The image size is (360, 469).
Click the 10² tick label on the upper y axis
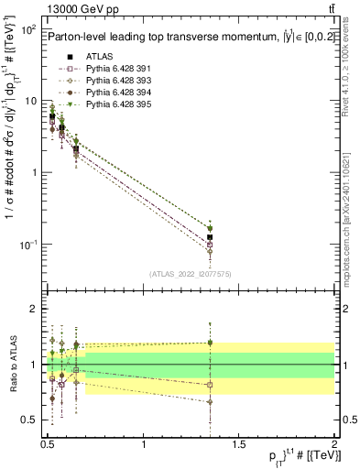point(28,29)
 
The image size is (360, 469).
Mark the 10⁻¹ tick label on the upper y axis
point(28,244)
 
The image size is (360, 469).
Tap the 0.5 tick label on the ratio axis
point(29,420)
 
